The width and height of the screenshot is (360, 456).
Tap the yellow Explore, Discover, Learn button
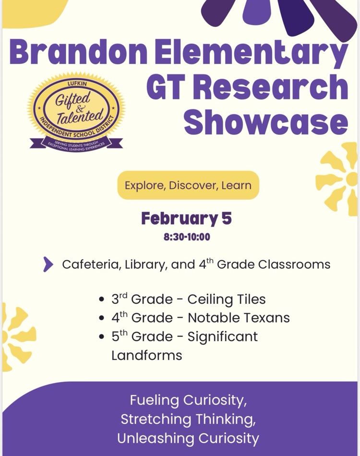[188, 185]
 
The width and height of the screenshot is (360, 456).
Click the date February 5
[186, 219]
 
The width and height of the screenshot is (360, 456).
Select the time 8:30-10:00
[187, 237]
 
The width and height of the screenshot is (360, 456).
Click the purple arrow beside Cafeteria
[48, 264]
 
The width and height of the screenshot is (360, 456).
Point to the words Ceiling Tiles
[226, 300]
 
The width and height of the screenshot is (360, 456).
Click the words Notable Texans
[239, 318]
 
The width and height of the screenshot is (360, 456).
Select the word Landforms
[147, 355]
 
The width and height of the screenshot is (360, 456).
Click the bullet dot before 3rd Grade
[101, 300]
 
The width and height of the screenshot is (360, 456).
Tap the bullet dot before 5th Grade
[101, 337]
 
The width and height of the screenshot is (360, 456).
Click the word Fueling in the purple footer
[155, 400]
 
